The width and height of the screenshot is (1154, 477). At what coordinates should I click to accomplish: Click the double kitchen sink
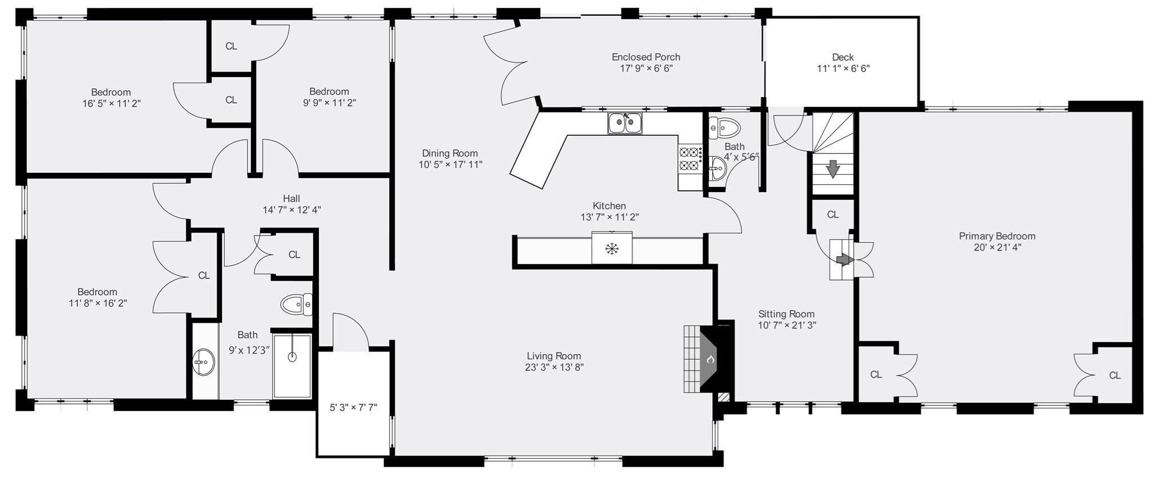624,123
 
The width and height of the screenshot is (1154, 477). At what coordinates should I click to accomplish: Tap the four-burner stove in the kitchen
690,159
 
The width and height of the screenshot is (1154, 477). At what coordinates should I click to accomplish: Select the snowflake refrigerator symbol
611,249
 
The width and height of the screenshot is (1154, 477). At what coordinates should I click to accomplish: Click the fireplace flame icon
711,359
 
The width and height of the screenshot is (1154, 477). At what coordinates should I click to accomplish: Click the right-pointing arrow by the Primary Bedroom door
844,259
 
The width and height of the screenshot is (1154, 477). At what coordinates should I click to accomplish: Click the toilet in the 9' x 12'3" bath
296,305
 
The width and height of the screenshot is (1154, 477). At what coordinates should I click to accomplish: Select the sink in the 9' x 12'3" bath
203,362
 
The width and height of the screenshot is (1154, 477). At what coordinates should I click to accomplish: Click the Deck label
842,57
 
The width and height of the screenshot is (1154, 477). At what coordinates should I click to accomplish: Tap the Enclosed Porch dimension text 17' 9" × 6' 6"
646,69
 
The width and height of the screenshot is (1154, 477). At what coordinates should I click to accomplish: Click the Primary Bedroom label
997,236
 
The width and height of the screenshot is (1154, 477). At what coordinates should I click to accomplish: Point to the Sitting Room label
786,314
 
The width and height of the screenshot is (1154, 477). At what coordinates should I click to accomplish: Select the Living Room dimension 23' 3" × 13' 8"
553,367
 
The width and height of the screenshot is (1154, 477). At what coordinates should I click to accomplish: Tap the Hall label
291,198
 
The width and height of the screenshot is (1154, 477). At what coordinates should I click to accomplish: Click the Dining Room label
450,153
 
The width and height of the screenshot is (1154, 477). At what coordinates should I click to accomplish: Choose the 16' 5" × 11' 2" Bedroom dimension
111,104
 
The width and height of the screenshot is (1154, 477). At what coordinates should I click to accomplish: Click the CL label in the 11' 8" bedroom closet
204,275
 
